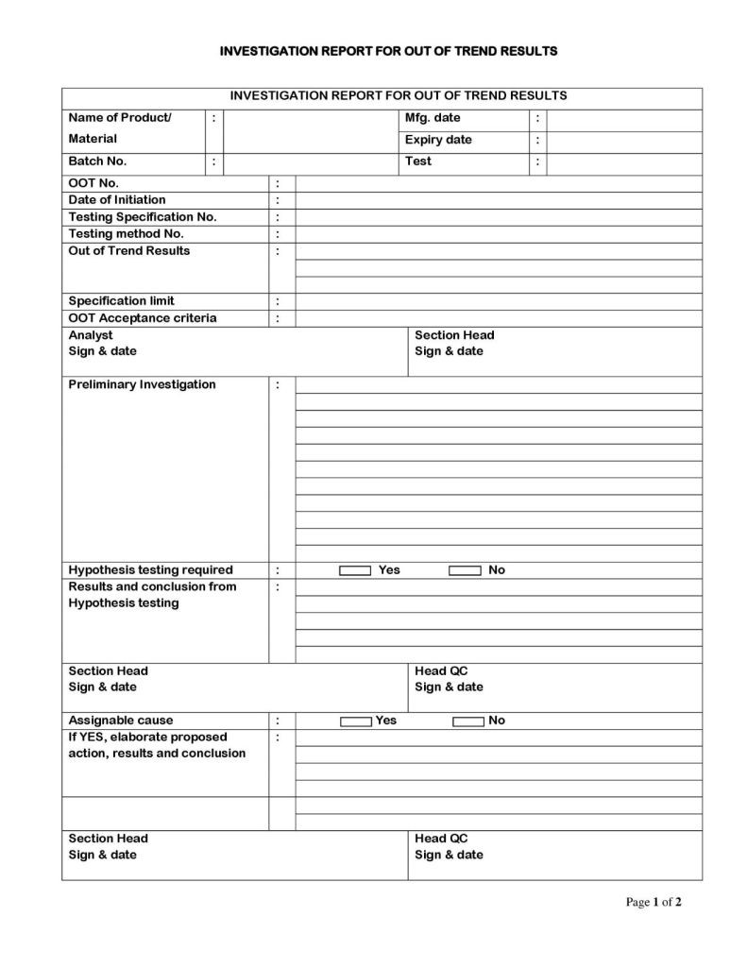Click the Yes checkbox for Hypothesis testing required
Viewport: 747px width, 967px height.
[355, 570]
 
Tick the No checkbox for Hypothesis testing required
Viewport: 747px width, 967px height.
[465, 570]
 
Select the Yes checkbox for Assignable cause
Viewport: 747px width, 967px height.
[355, 721]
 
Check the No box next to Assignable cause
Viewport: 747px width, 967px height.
[467, 721]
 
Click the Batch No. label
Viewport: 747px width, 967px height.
[97, 161]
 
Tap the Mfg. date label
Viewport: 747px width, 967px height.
[433, 118]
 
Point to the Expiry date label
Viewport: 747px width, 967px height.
[438, 140]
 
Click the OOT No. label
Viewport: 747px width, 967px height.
[93, 183]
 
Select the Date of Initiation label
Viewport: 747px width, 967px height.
[117, 200]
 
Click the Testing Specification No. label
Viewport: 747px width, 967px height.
[143, 217]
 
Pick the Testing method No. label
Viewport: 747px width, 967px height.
[126, 234]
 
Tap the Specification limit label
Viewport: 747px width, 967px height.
[121, 301]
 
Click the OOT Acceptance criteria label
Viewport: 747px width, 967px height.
[143, 318]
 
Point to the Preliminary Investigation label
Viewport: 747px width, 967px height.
[142, 384]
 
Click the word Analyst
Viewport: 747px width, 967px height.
[91, 335]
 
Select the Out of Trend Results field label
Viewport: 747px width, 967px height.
[129, 251]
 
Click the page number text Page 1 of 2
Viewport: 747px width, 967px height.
[654, 903]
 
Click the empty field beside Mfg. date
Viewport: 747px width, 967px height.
[624, 119]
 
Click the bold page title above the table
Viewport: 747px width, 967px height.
[388, 50]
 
